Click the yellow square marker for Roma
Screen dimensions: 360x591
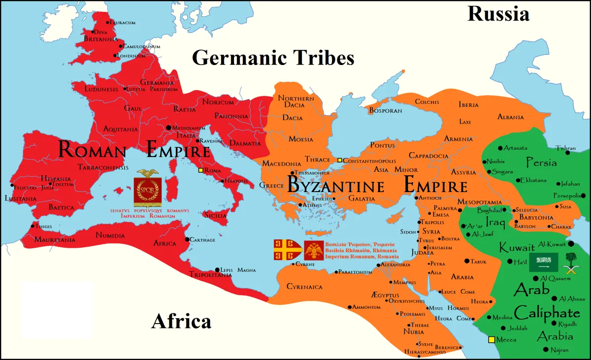[x=200, y=171]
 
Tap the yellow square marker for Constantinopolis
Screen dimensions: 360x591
[x=339, y=160]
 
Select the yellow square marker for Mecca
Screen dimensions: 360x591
[x=491, y=340]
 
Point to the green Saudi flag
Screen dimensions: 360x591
[x=543, y=262]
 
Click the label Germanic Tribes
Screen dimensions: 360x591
[x=273, y=58]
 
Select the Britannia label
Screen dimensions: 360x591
[x=100, y=39]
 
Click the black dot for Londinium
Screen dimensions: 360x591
[x=116, y=56]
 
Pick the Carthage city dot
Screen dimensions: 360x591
[x=187, y=239]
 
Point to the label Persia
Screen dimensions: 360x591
[x=541, y=163]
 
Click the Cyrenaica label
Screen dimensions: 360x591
[x=304, y=287]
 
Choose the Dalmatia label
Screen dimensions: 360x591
[x=245, y=143]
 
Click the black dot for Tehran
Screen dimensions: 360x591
[x=567, y=153]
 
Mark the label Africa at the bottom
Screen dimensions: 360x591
[x=181, y=321]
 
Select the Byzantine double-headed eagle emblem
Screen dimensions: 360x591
[x=313, y=251]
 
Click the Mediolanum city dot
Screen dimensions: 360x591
[x=169, y=128]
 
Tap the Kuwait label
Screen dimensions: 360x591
[x=517, y=247]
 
